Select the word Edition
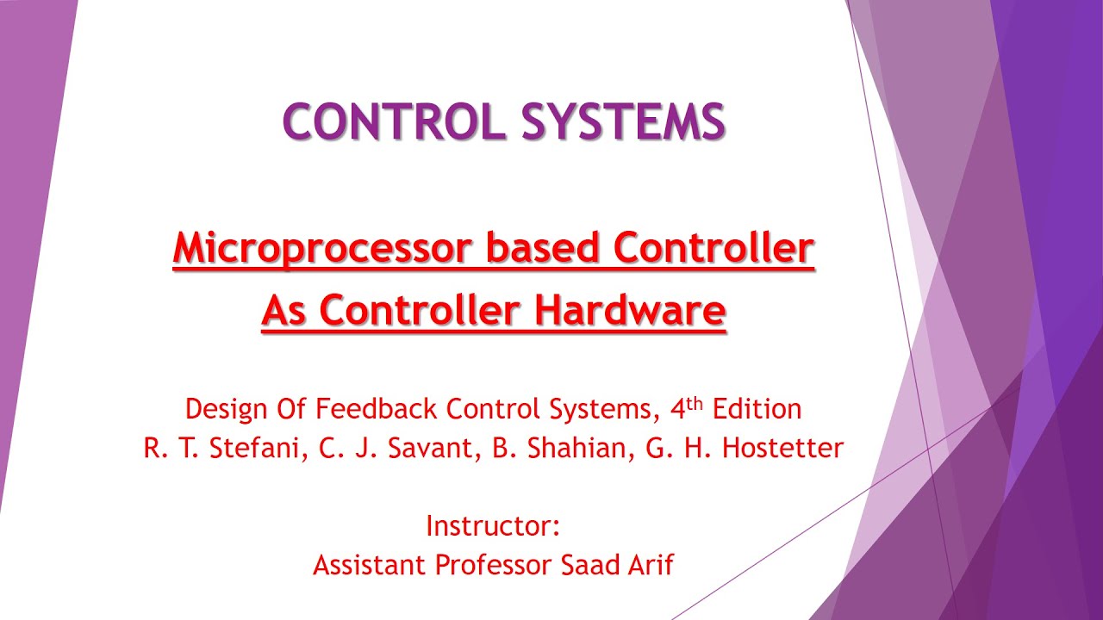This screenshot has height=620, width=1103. pos(756,409)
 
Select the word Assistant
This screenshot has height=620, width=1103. pos(369,565)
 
